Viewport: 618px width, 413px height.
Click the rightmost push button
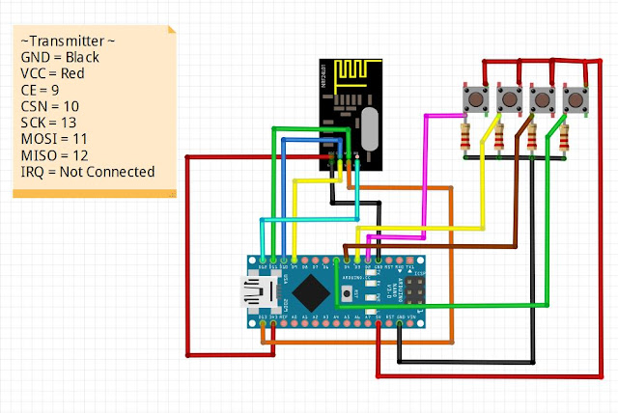click(576, 99)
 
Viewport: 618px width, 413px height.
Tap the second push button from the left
click(510, 99)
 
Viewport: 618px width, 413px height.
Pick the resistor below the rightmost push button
click(566, 138)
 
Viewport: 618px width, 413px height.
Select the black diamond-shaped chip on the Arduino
click(311, 288)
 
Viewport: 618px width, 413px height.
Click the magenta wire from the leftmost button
click(425, 174)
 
